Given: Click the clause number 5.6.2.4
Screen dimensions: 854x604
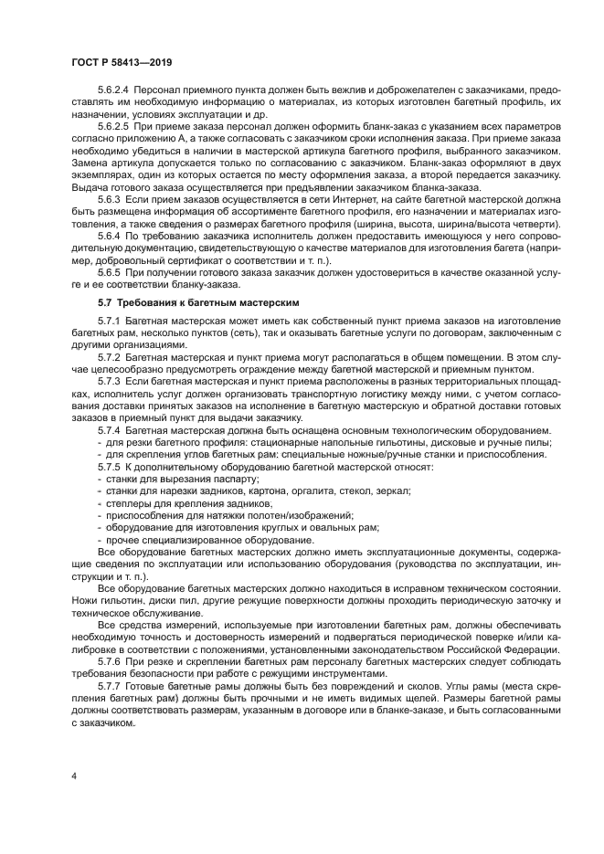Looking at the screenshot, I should tap(116, 89).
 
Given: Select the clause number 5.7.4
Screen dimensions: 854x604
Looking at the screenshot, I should tap(110, 428).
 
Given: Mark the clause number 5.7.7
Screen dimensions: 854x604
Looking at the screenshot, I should tap(110, 684).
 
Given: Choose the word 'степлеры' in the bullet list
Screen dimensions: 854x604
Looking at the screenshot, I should tap(129, 502).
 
